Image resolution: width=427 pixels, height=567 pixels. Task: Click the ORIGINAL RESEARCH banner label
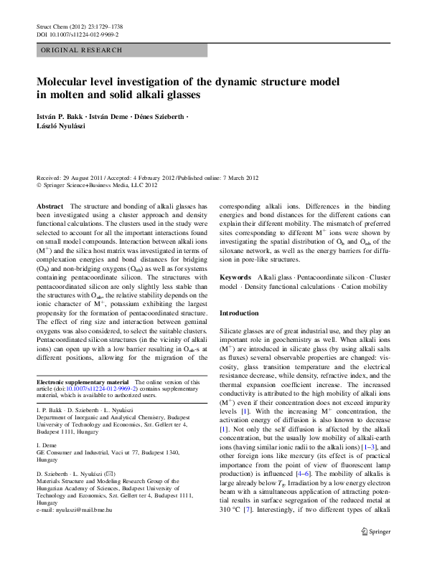[81, 50]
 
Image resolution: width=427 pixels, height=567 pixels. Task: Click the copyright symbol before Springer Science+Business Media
[39, 185]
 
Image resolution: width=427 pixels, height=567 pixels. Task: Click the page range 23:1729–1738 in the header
[111, 26]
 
